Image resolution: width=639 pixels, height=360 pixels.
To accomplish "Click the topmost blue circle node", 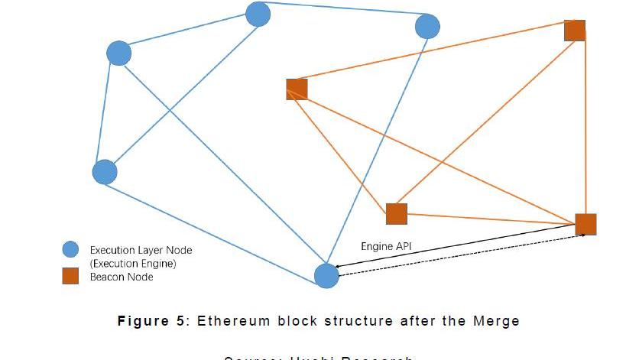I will click(258, 14).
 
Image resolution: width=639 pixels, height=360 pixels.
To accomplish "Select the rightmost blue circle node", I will click(427, 27).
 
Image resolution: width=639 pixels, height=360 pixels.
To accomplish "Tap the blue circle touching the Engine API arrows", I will click(327, 276).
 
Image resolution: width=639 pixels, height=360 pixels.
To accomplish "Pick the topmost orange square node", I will click(574, 31).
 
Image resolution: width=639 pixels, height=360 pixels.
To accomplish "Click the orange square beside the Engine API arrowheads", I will click(585, 224).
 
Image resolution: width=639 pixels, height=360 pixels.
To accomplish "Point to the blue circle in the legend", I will click(70, 250).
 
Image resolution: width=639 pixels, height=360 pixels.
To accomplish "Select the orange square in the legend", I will click(70, 277).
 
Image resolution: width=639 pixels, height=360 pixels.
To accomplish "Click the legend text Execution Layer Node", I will click(141, 250).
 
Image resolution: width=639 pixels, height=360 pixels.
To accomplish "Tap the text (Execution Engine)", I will click(133, 264).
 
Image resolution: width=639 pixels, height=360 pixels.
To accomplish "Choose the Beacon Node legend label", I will click(122, 277).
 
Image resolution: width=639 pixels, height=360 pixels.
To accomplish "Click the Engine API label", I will click(386, 246).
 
